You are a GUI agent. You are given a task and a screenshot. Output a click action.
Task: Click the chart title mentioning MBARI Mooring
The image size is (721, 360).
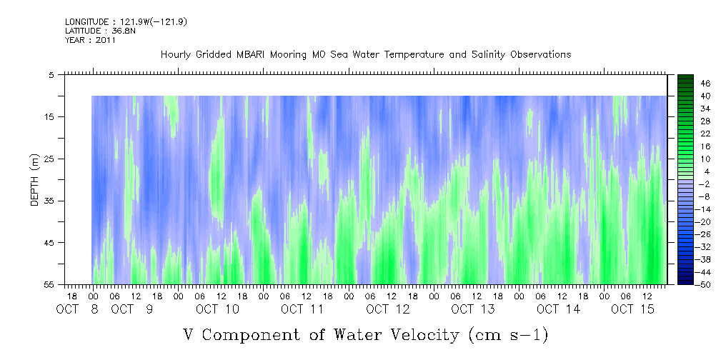coord(365,55)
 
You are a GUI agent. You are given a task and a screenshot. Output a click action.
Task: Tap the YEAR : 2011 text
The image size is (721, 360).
coord(90,40)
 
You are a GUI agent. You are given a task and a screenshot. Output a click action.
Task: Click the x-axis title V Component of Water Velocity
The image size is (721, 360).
coord(365,334)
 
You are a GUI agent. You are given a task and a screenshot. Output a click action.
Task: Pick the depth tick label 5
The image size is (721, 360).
coord(51,74)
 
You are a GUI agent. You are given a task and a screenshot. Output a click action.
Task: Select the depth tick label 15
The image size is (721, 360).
coord(49,116)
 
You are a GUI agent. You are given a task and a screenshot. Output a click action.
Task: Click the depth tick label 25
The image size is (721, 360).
coord(49,159)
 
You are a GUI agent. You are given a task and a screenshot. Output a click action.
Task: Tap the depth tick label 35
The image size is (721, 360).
coord(49,201)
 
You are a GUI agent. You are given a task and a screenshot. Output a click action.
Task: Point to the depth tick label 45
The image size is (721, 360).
coord(49,243)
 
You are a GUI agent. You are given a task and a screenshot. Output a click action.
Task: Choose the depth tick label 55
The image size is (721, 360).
coord(49,284)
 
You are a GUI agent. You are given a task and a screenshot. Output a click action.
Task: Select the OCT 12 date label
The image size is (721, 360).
coord(388,309)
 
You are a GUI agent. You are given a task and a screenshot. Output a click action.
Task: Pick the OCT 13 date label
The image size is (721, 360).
coord(473,309)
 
